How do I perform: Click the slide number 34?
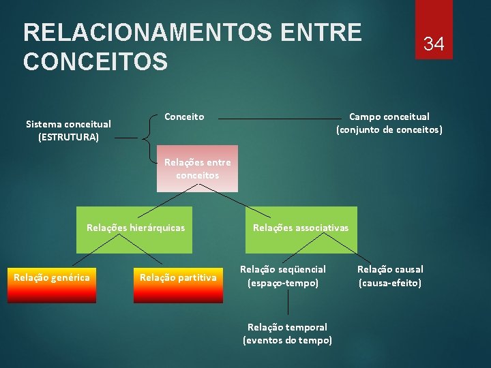(x=434, y=44)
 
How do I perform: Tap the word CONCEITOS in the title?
(x=95, y=61)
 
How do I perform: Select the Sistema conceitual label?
(x=68, y=124)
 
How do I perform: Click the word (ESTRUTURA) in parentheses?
(x=68, y=137)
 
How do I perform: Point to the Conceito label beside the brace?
(x=184, y=117)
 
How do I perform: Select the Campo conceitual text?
(x=389, y=117)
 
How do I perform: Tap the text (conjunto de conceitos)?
(x=389, y=129)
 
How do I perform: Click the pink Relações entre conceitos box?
(x=198, y=168)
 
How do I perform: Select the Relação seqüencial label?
(x=283, y=269)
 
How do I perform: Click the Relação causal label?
(x=390, y=269)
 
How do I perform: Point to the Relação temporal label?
(x=287, y=327)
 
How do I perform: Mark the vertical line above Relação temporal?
(x=288, y=302)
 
